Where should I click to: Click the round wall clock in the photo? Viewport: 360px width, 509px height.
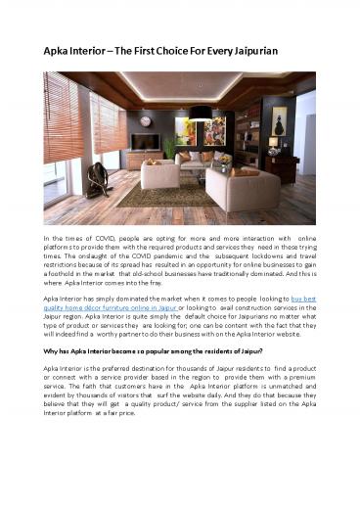146,121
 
